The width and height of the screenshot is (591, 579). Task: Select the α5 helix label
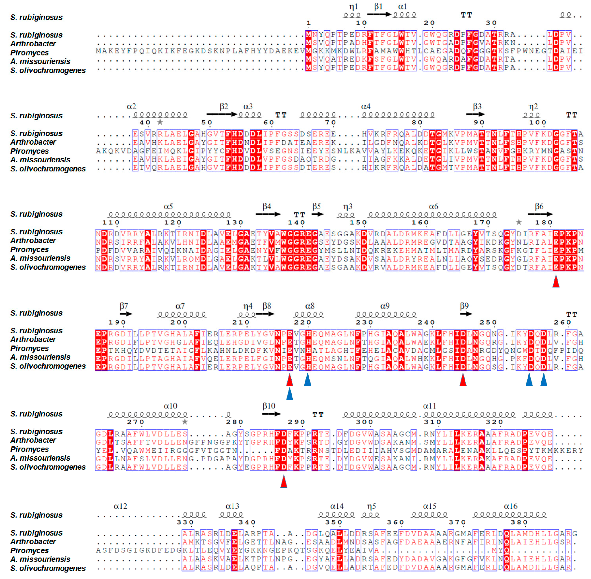(x=168, y=207)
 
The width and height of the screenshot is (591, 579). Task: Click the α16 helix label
(x=510, y=506)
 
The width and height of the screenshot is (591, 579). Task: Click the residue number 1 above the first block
(x=308, y=23)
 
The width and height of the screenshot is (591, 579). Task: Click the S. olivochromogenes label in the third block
(x=48, y=267)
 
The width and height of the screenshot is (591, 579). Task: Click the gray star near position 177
(x=519, y=222)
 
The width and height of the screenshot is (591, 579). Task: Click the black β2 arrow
(x=221, y=114)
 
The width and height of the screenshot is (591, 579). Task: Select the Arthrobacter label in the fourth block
(x=33, y=339)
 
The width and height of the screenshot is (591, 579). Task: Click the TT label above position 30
(x=466, y=15)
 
